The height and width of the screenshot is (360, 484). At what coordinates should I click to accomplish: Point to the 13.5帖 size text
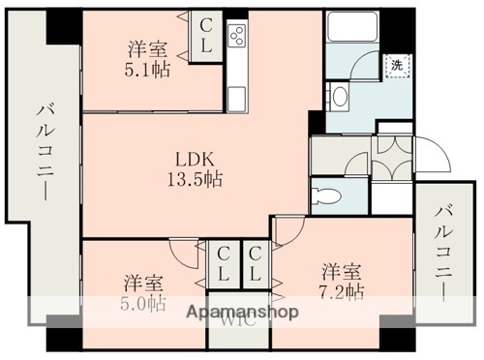(x=195, y=180)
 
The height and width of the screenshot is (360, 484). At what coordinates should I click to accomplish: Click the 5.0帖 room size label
(x=143, y=303)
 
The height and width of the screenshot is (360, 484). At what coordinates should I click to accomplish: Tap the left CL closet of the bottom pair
(x=224, y=262)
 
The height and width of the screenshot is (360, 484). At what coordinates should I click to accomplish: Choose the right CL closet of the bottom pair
(x=256, y=262)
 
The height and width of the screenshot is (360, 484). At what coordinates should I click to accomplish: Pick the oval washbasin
(x=339, y=96)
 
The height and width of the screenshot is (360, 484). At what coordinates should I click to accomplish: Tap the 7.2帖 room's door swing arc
(x=287, y=229)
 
